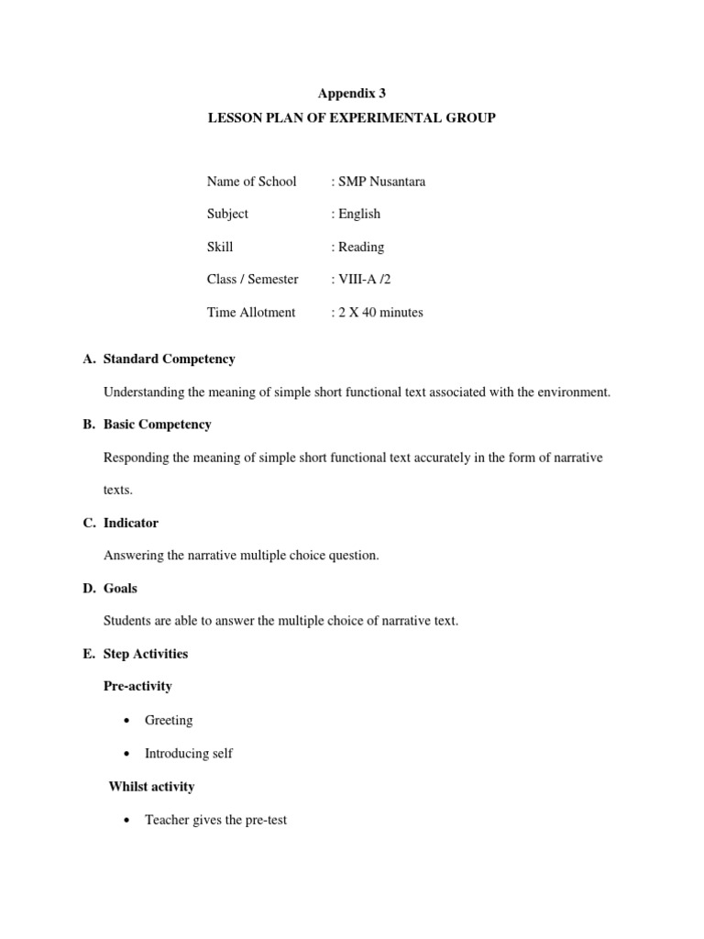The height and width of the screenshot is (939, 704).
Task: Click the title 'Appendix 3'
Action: click(352, 94)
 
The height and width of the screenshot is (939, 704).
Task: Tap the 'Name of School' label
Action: click(251, 182)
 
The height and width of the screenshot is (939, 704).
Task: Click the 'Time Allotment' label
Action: click(251, 313)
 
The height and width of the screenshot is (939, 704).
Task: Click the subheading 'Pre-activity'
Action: click(137, 686)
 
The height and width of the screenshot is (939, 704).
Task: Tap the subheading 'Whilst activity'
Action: click(151, 787)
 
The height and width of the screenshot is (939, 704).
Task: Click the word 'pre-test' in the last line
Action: click(264, 820)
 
